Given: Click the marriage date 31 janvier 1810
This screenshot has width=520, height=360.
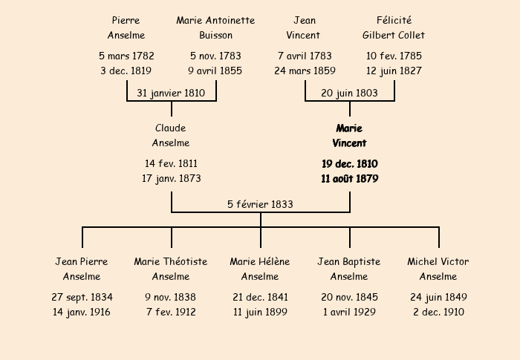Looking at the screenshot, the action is [x=171, y=93].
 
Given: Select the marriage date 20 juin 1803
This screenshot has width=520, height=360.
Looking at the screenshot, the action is [x=349, y=93].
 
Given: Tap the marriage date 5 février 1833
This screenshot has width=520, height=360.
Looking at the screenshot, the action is [x=260, y=204].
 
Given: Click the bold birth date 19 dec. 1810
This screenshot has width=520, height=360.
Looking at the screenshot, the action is [x=350, y=164].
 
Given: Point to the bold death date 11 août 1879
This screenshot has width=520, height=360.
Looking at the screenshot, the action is [x=350, y=179].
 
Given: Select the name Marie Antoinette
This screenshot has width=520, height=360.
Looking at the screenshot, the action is [x=215, y=20].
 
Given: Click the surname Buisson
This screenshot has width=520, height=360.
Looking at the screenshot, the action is [x=215, y=35].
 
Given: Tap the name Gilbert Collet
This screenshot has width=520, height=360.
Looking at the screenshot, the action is [x=393, y=35].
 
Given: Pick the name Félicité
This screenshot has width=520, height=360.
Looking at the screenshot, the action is [x=394, y=20].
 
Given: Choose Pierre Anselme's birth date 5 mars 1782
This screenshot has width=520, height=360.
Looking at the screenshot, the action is [x=126, y=56].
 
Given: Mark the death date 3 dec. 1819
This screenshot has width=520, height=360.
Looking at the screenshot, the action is [x=126, y=71].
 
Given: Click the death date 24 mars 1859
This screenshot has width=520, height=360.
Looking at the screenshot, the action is [x=305, y=71].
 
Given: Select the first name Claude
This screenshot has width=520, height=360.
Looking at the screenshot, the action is [x=170, y=128].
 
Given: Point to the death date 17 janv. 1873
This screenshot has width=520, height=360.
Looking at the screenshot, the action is [x=172, y=179].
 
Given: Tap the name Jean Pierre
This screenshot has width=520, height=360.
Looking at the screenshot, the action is [x=82, y=261].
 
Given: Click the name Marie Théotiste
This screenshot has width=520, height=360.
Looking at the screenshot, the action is [x=171, y=261].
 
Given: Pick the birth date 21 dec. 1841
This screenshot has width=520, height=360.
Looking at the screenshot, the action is [x=260, y=297].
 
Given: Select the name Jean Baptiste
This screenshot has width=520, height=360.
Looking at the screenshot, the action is [x=349, y=261].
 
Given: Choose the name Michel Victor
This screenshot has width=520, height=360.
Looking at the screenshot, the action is [x=438, y=261].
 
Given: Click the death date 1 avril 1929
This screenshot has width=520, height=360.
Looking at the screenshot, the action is [x=350, y=312].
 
